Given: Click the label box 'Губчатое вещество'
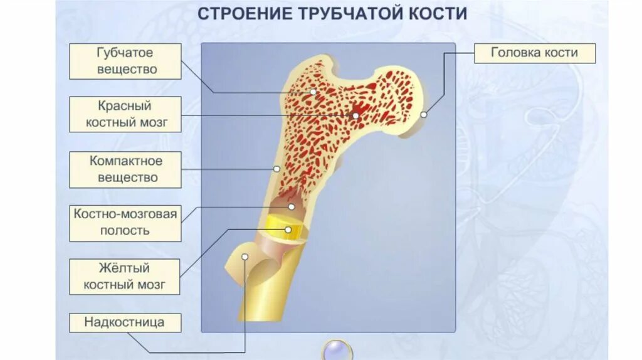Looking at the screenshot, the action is click(x=125, y=61).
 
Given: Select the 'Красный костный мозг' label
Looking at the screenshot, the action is click(x=125, y=114).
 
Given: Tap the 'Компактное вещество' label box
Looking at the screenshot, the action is click(x=125, y=169).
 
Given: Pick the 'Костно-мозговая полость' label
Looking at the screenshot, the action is click(x=125, y=223).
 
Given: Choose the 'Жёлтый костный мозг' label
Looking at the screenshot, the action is click(x=125, y=277).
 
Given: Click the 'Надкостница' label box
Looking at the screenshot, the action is click(x=125, y=323).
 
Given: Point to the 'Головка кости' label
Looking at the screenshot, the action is click(x=534, y=53).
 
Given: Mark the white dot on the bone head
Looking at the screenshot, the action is click(x=424, y=115).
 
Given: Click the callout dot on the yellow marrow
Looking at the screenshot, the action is click(x=288, y=230).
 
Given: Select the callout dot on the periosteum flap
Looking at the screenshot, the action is click(x=246, y=256).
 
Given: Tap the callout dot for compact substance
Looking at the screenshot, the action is click(x=276, y=169).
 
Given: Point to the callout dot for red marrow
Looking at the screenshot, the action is click(x=355, y=115).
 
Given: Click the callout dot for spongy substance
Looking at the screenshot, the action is click(x=313, y=92).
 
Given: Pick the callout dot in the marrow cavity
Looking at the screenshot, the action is click(x=291, y=206).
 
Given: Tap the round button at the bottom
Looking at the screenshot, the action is click(x=337, y=349).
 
